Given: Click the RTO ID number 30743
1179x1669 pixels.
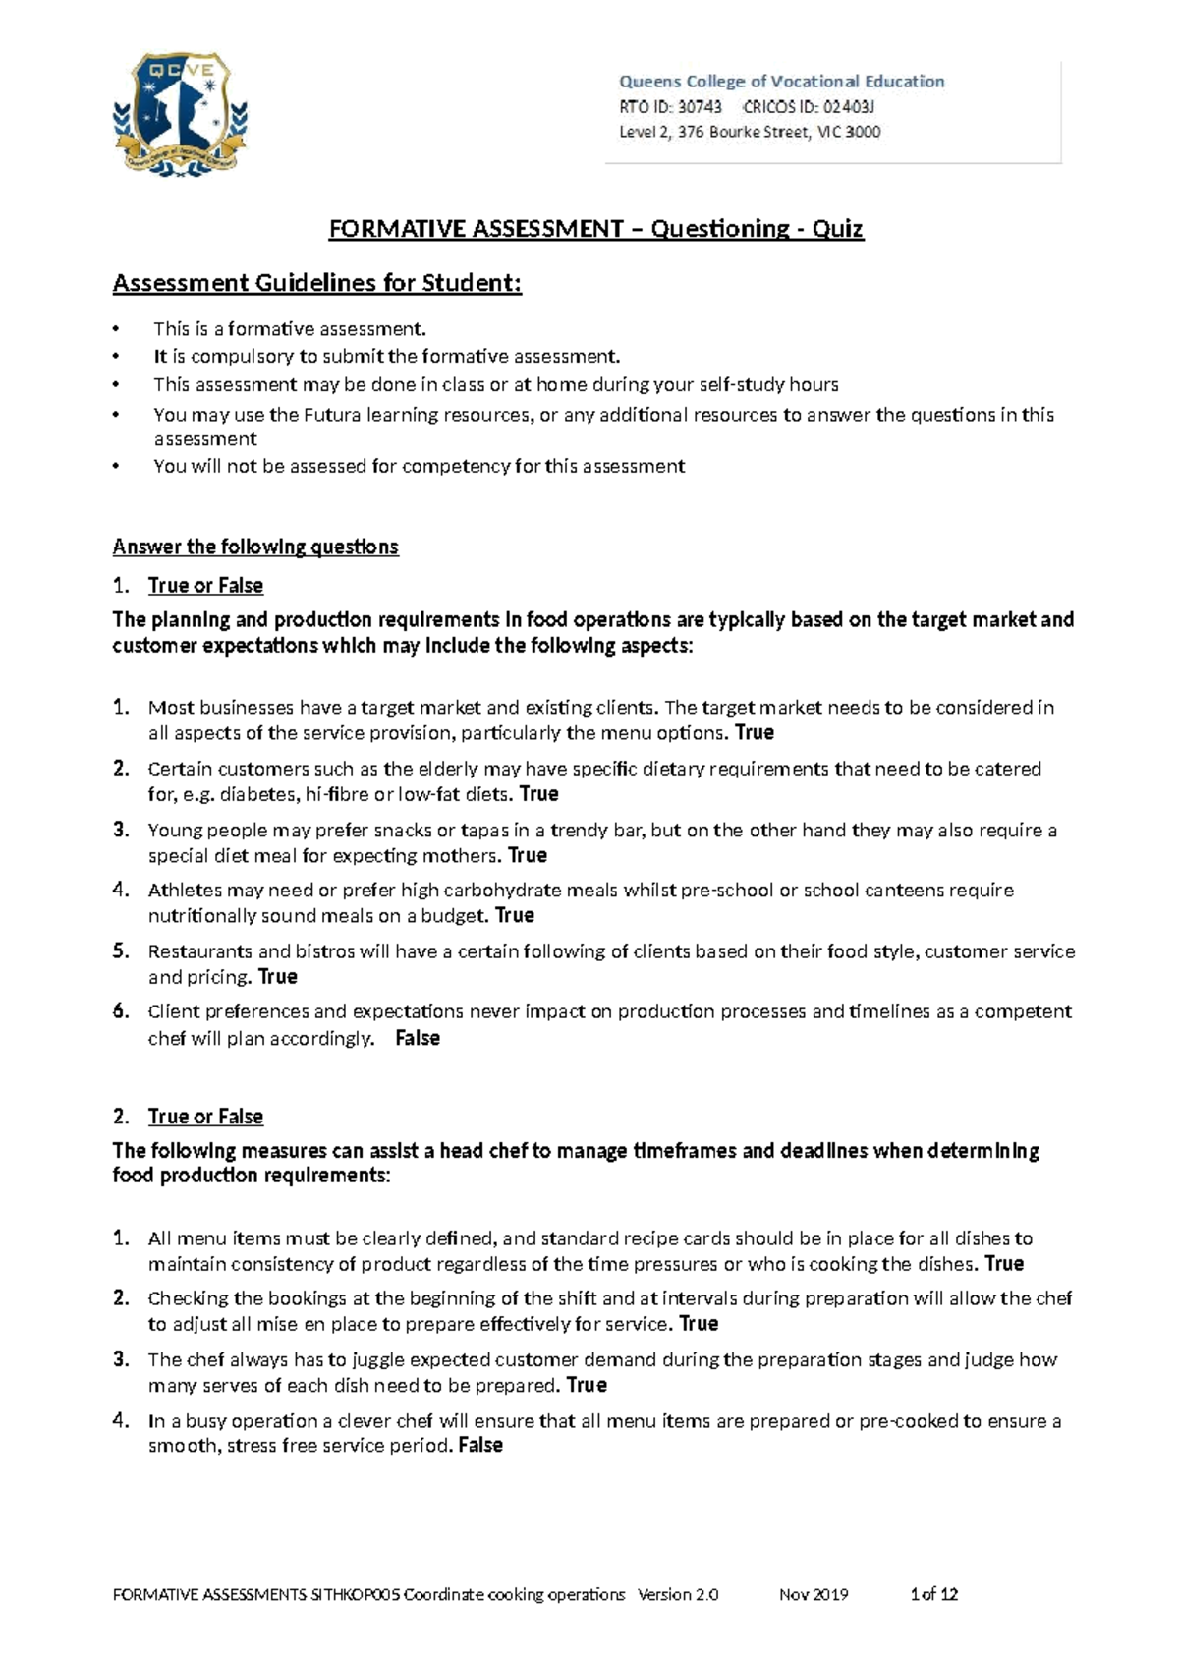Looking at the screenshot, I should coord(700,106).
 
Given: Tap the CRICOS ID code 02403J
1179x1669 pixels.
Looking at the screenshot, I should coord(848,106).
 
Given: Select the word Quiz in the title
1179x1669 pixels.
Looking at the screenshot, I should coord(837,229).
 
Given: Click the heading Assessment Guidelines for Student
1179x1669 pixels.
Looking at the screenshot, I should coord(316,283).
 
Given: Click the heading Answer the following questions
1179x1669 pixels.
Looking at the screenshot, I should coord(255,547).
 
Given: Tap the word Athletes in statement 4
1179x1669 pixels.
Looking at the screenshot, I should coord(185,890).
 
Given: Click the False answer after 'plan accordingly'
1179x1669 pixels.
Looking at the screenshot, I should coord(417,1038).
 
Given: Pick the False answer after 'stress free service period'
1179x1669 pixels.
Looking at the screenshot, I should coord(480,1445).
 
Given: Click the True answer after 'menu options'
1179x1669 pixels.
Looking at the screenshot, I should coord(755,732).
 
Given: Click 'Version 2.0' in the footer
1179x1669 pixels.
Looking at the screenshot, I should coord(678,1594).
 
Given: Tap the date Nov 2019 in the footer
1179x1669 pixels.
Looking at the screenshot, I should coord(814,1594).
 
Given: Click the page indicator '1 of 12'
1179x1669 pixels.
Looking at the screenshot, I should coord(933,1594).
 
